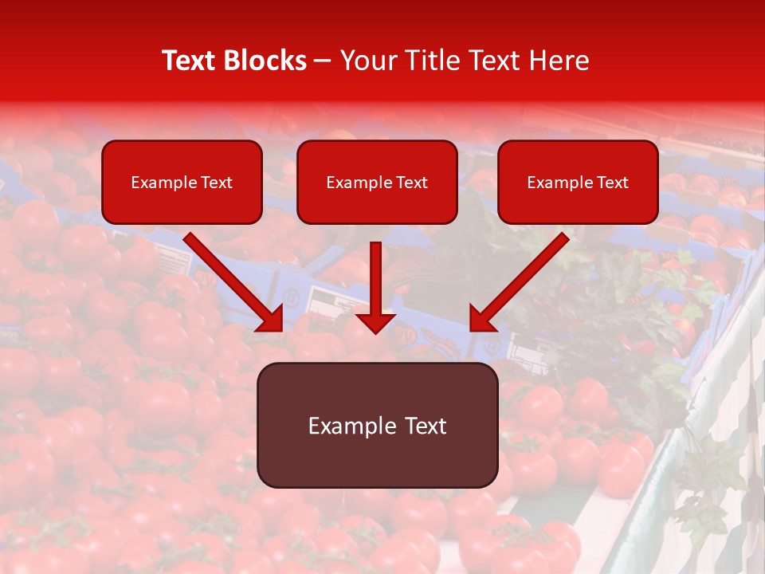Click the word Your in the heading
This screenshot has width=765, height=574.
pyautogui.click(x=367, y=61)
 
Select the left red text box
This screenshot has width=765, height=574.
pyautogui.click(x=182, y=182)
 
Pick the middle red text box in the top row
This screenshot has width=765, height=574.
pyautogui.click(x=377, y=182)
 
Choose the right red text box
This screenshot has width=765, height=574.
pyautogui.click(x=578, y=182)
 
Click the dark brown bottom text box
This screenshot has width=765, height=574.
pyautogui.click(x=377, y=425)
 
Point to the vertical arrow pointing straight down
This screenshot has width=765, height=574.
pyautogui.click(x=376, y=283)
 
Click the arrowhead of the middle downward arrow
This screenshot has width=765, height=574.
pyautogui.click(x=376, y=321)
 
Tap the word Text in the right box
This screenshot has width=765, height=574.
pyautogui.click(x=612, y=183)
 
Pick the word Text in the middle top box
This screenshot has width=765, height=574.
pyautogui.click(x=411, y=183)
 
